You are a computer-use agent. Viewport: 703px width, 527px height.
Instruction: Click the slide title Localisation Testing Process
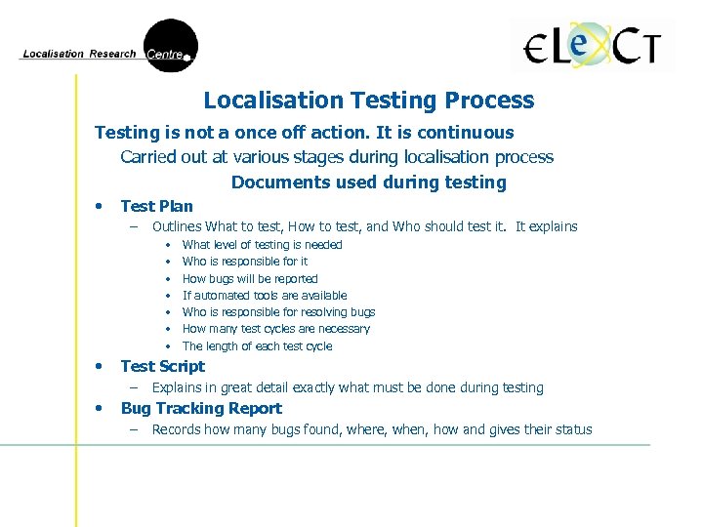pyautogui.click(x=369, y=101)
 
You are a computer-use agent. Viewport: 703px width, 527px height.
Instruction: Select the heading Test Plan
pyautogui.click(x=156, y=206)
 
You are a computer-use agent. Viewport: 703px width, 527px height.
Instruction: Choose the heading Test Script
pyautogui.click(x=162, y=367)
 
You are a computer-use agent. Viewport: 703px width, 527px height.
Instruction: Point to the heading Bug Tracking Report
pyautogui.click(x=200, y=409)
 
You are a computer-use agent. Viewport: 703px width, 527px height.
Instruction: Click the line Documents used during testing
pyautogui.click(x=369, y=182)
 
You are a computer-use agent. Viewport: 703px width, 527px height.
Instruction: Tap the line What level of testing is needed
pyautogui.click(x=262, y=245)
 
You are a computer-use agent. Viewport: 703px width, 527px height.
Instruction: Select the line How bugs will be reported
pyautogui.click(x=250, y=279)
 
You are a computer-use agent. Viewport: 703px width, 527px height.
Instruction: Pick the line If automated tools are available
pyautogui.click(x=265, y=296)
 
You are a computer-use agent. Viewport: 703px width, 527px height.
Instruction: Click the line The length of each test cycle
pyautogui.click(x=257, y=346)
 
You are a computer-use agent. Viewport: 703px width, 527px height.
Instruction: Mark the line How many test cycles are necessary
pyautogui.click(x=276, y=330)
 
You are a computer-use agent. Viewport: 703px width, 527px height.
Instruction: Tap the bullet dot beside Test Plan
pyautogui.click(x=100, y=206)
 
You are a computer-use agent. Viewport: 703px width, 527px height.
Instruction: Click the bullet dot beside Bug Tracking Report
pyautogui.click(x=100, y=408)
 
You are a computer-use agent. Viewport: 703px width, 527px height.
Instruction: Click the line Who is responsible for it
pyautogui.click(x=245, y=262)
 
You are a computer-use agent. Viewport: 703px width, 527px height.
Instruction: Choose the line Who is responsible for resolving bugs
pyautogui.click(x=278, y=312)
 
